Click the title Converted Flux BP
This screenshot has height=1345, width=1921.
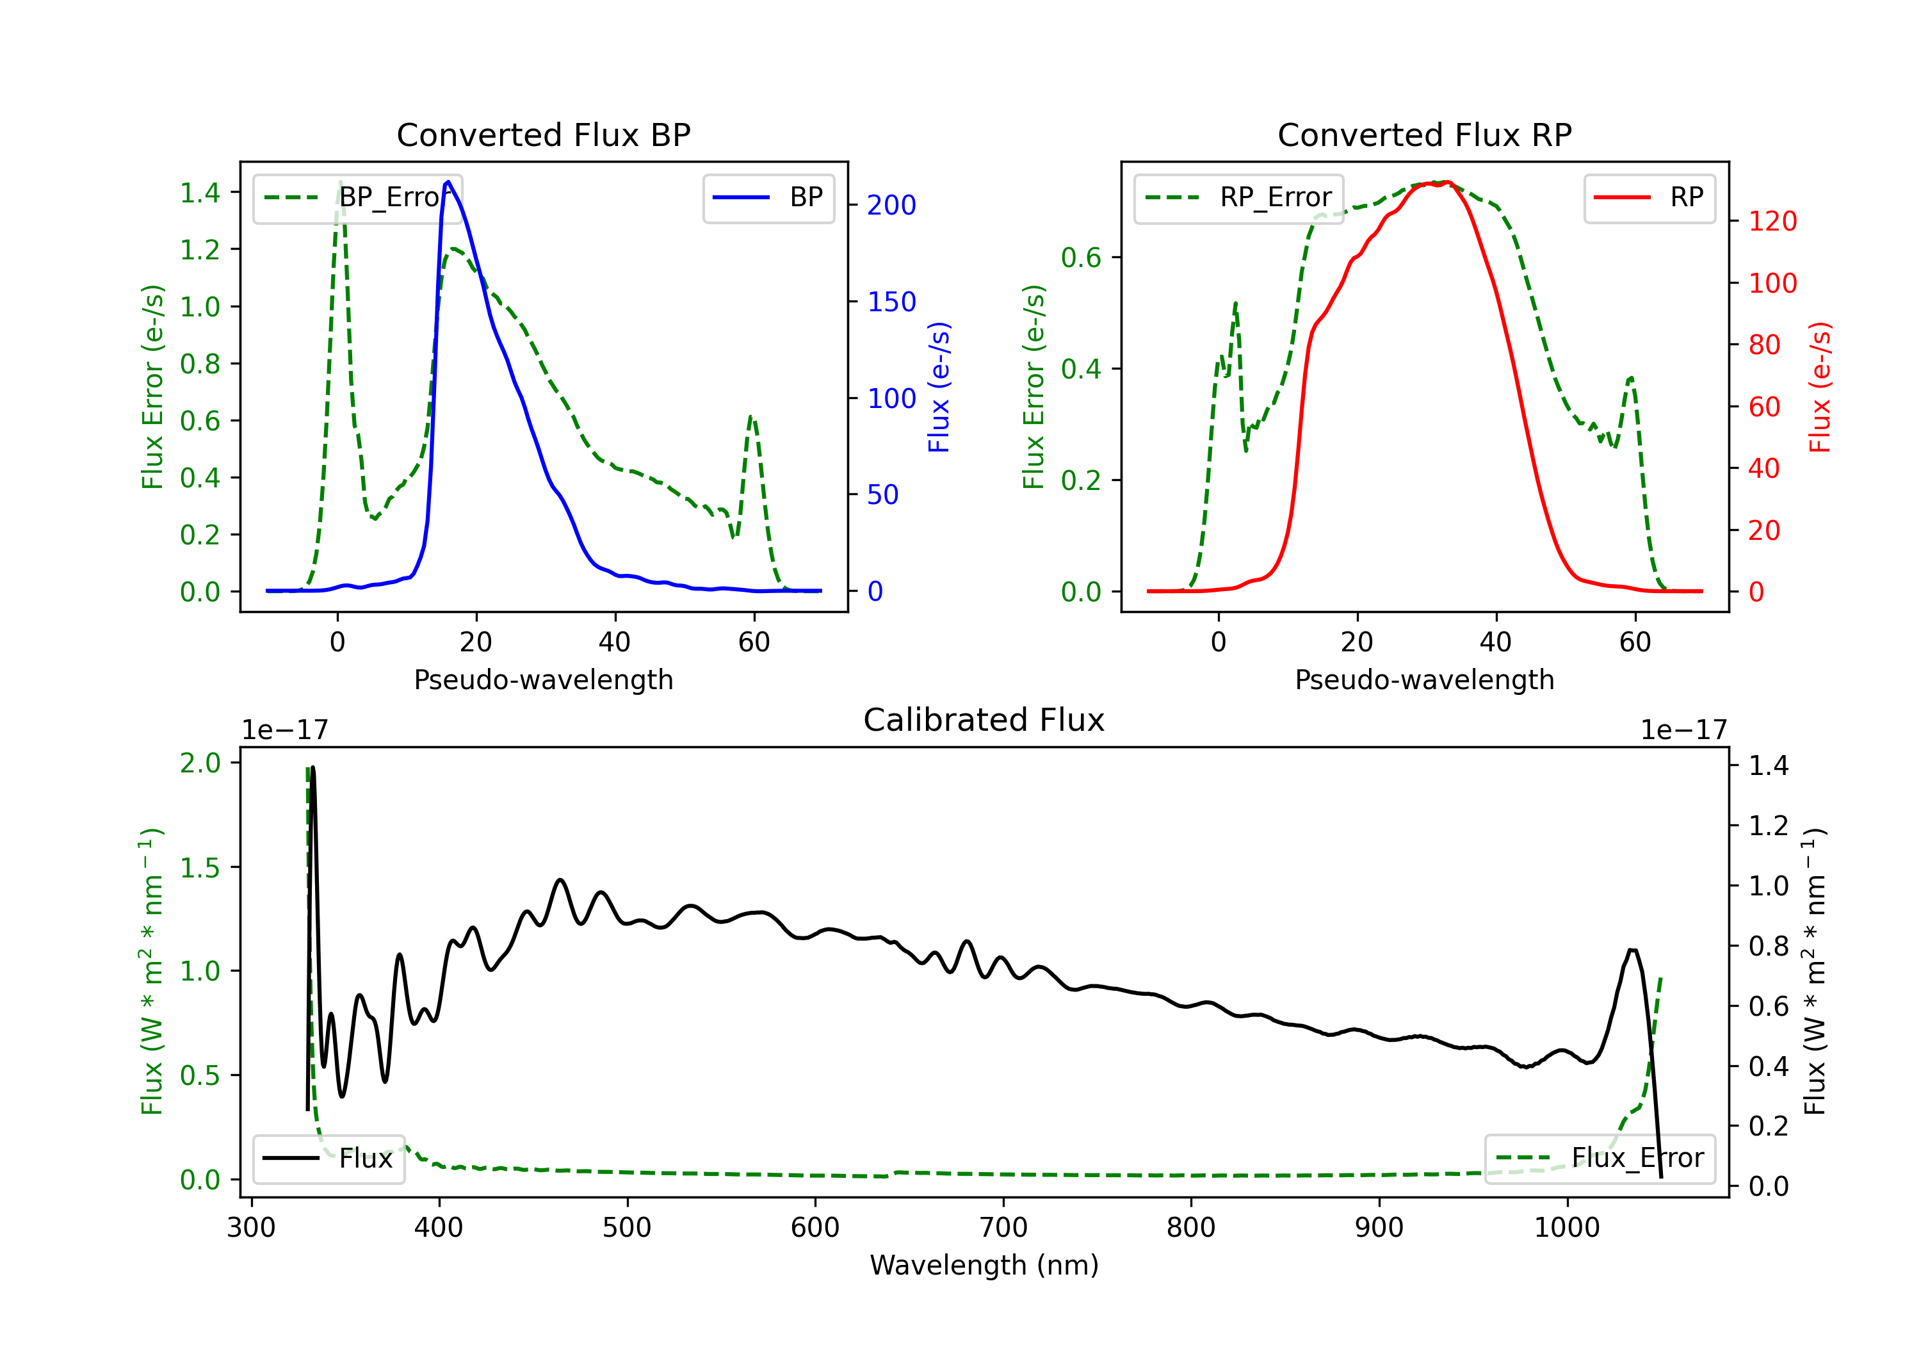point(543,134)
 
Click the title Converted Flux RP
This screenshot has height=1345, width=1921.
point(1424,134)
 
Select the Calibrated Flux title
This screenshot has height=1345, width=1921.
point(984,720)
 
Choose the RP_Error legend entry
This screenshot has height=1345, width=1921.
point(1238,197)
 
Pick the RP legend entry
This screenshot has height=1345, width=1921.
point(1649,197)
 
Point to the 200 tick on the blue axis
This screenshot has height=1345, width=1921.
point(891,205)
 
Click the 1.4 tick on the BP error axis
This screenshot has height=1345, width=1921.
point(200,193)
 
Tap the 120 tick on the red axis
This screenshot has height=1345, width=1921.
point(1772,221)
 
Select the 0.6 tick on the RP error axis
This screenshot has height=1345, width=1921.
point(1081,257)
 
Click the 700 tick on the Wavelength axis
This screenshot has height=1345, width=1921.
point(1003,1228)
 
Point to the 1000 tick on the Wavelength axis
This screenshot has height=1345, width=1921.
point(1566,1228)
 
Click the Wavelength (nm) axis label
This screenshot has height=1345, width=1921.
point(984,1265)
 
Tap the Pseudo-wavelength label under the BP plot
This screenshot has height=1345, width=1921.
point(543,680)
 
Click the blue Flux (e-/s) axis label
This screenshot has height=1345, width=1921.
point(939,387)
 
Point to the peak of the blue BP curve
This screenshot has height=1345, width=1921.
point(448,182)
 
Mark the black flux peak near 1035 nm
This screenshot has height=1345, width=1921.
point(1632,950)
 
